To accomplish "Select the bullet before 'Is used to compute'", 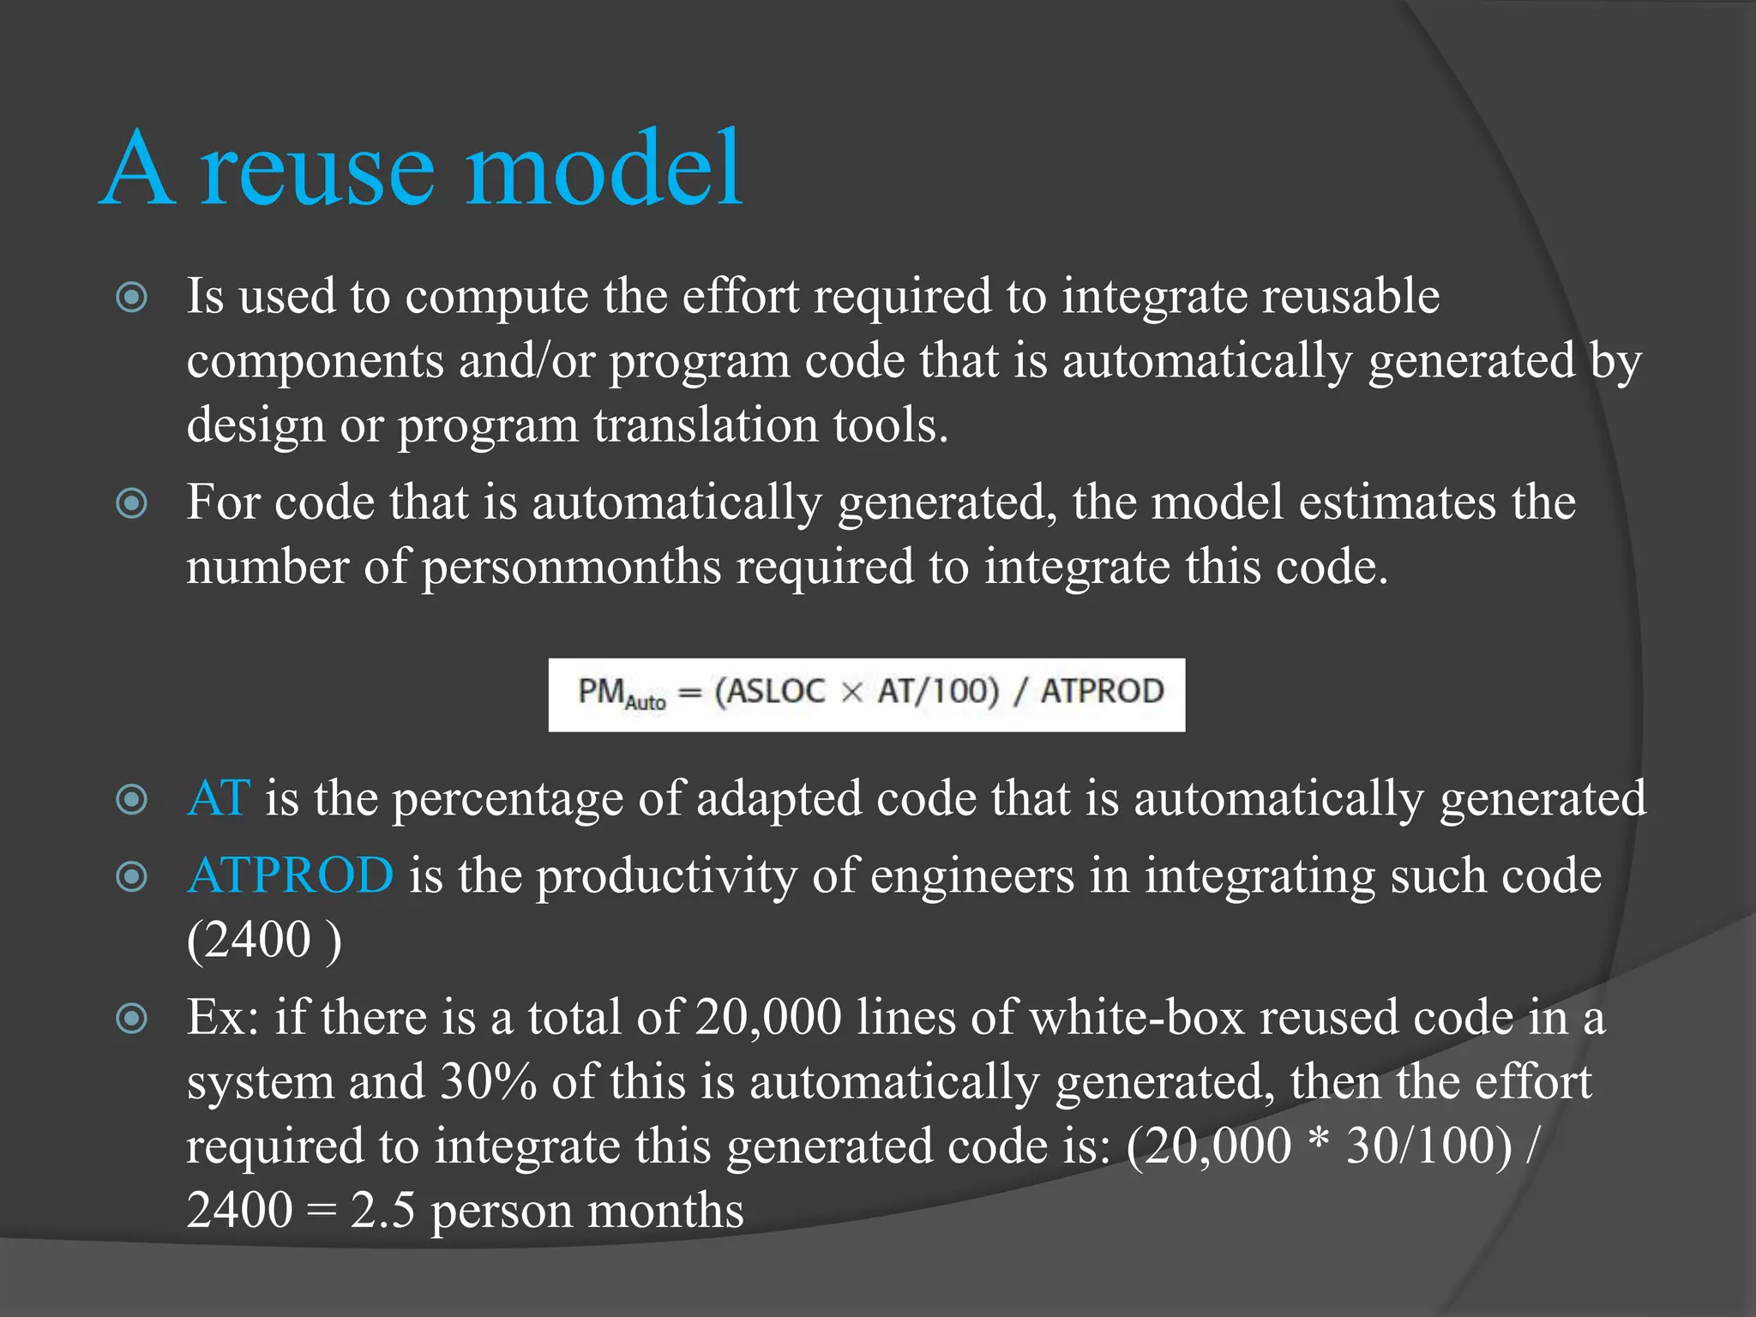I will coord(132,298).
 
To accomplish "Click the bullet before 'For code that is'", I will coord(132,503).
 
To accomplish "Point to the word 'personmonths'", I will coord(571,568).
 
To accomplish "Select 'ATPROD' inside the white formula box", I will coord(1102,691).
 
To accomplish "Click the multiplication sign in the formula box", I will coord(851,692).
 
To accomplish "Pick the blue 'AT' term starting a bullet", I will coord(219,799).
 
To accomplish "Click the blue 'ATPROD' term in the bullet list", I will coord(290,876).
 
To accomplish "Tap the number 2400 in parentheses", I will coord(249,941).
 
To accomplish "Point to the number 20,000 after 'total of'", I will coord(768,1018).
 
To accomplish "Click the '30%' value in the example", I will coord(488,1082).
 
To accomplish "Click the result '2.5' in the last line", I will coord(382,1211).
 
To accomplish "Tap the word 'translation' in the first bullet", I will coord(705,425).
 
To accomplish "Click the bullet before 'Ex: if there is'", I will coord(132,1019).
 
